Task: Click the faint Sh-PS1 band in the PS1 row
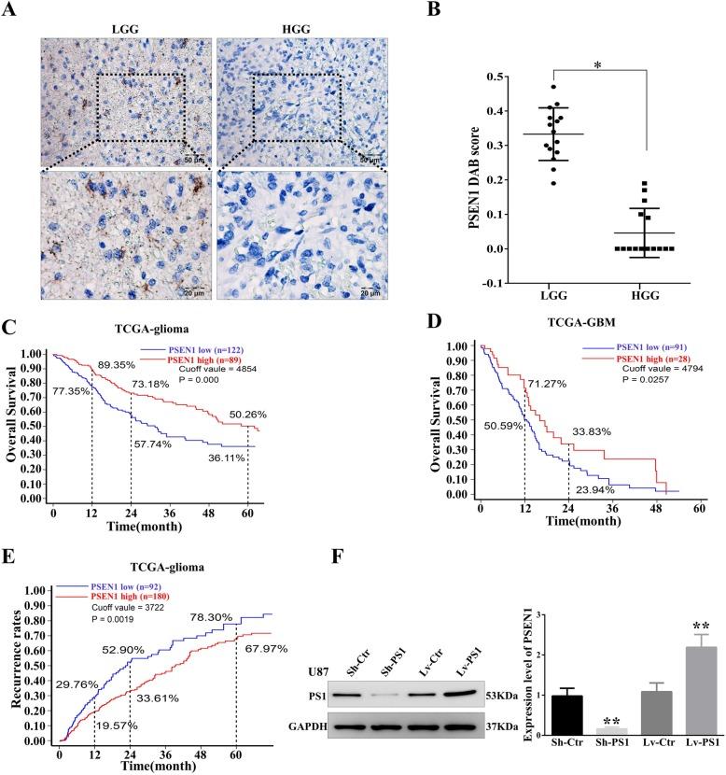click(328, 697)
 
